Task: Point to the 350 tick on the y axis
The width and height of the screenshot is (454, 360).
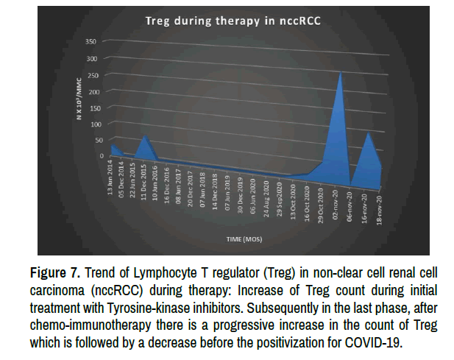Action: click(91, 40)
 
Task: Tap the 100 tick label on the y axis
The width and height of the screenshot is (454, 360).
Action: click(91, 124)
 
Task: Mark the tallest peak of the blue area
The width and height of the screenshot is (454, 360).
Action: click(339, 71)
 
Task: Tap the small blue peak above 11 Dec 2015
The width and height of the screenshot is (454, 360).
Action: click(146, 135)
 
